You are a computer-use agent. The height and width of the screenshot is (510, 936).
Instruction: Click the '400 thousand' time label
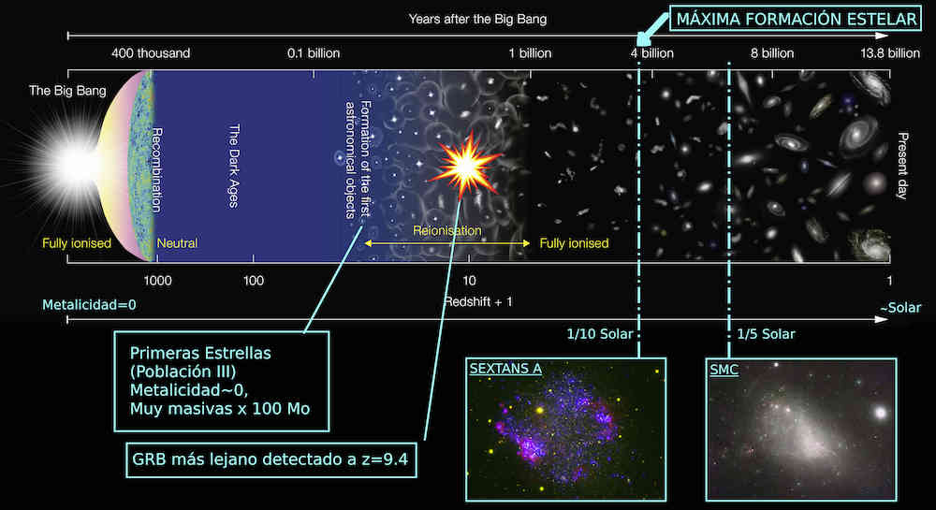pos(151,53)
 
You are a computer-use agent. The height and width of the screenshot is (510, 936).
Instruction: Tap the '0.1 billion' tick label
pos(314,53)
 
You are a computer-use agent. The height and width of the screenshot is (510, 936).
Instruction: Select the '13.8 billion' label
pos(890,53)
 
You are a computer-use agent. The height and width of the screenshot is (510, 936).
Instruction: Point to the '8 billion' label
pos(772,53)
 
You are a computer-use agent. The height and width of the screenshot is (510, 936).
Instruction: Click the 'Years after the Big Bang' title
pos(477,19)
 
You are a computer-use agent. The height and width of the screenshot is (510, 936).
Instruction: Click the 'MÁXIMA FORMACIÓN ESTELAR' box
pos(796,19)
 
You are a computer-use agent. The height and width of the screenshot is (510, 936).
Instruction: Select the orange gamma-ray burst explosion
pos(465,166)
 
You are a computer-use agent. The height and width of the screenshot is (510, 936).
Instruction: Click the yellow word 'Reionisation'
pos(447,230)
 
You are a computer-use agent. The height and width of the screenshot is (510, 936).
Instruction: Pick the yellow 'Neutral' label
pos(177,242)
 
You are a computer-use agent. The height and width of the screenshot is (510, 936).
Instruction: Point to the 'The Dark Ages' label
pos(234,166)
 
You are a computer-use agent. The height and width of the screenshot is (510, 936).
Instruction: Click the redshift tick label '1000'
pos(157,281)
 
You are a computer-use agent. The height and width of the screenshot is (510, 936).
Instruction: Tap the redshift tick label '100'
pos(253,281)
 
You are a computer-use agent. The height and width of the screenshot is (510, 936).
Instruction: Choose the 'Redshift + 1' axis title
pos(478,302)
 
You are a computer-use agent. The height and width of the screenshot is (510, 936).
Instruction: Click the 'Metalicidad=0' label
pos(89,305)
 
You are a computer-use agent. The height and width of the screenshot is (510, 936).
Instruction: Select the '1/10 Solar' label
pos(599,334)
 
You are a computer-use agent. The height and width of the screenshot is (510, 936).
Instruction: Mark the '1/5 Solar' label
pos(766,334)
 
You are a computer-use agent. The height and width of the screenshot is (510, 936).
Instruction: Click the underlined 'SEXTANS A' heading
pos(505,369)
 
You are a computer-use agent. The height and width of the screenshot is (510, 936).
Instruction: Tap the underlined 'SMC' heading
pos(724,370)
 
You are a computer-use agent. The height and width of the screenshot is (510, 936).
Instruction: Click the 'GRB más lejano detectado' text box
pos(271,459)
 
